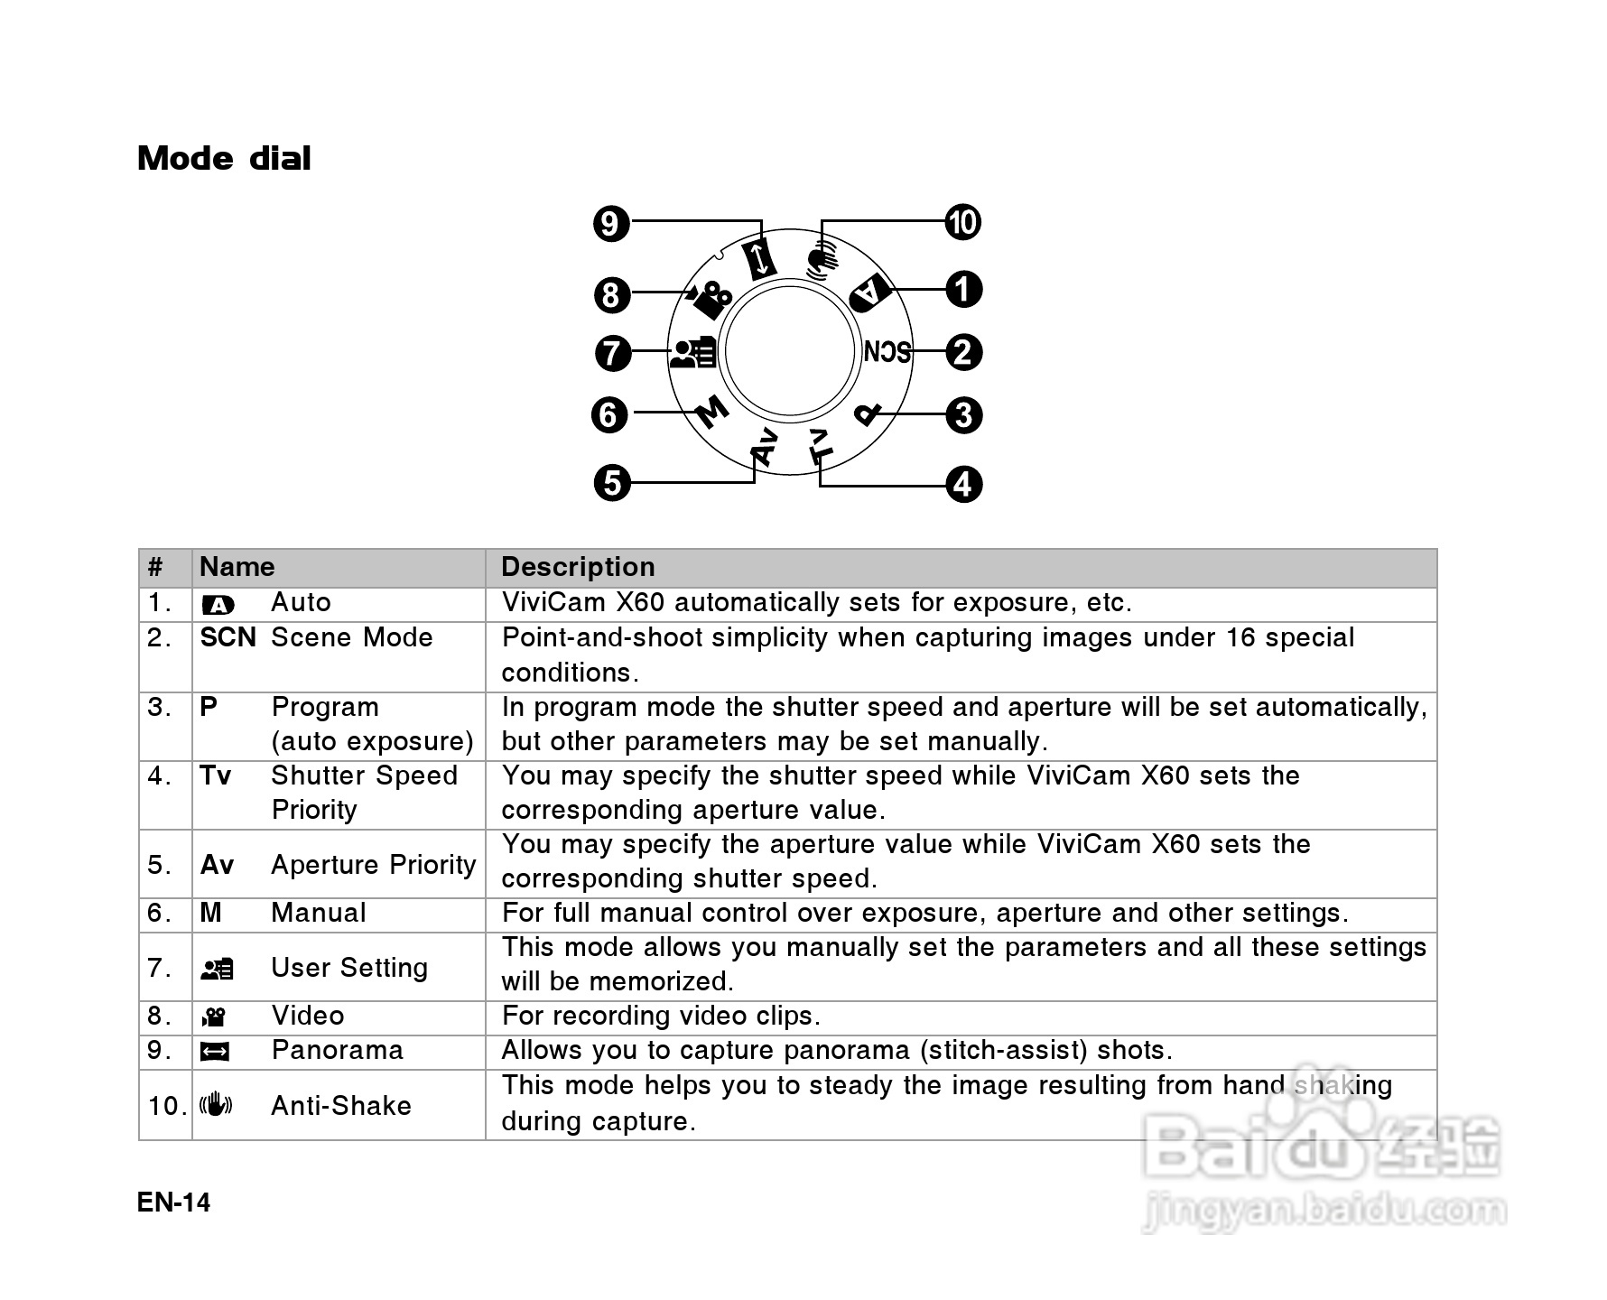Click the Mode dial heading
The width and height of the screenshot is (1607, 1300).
pos(224,159)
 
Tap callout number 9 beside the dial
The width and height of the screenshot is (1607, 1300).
pos(611,222)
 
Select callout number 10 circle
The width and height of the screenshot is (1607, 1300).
pos(962,222)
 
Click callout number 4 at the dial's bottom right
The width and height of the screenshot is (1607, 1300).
pos(963,484)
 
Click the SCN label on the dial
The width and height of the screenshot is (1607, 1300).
pos(887,351)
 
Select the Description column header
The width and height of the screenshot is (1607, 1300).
pos(578,567)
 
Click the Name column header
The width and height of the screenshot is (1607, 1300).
pos(237,567)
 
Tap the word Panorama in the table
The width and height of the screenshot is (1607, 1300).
pos(337,1051)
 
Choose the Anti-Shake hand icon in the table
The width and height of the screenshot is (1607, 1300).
pos(216,1104)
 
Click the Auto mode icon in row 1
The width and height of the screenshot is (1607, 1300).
pos(218,604)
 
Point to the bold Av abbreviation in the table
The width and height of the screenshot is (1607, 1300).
pos(217,865)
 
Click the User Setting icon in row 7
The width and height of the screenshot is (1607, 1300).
pos(217,969)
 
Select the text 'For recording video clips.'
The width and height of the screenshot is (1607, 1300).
pos(661,1017)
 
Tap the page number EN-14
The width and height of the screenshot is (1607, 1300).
pos(173,1202)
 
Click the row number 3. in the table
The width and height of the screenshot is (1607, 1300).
pos(160,707)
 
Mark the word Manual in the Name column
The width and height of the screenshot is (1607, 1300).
pos(319,913)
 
